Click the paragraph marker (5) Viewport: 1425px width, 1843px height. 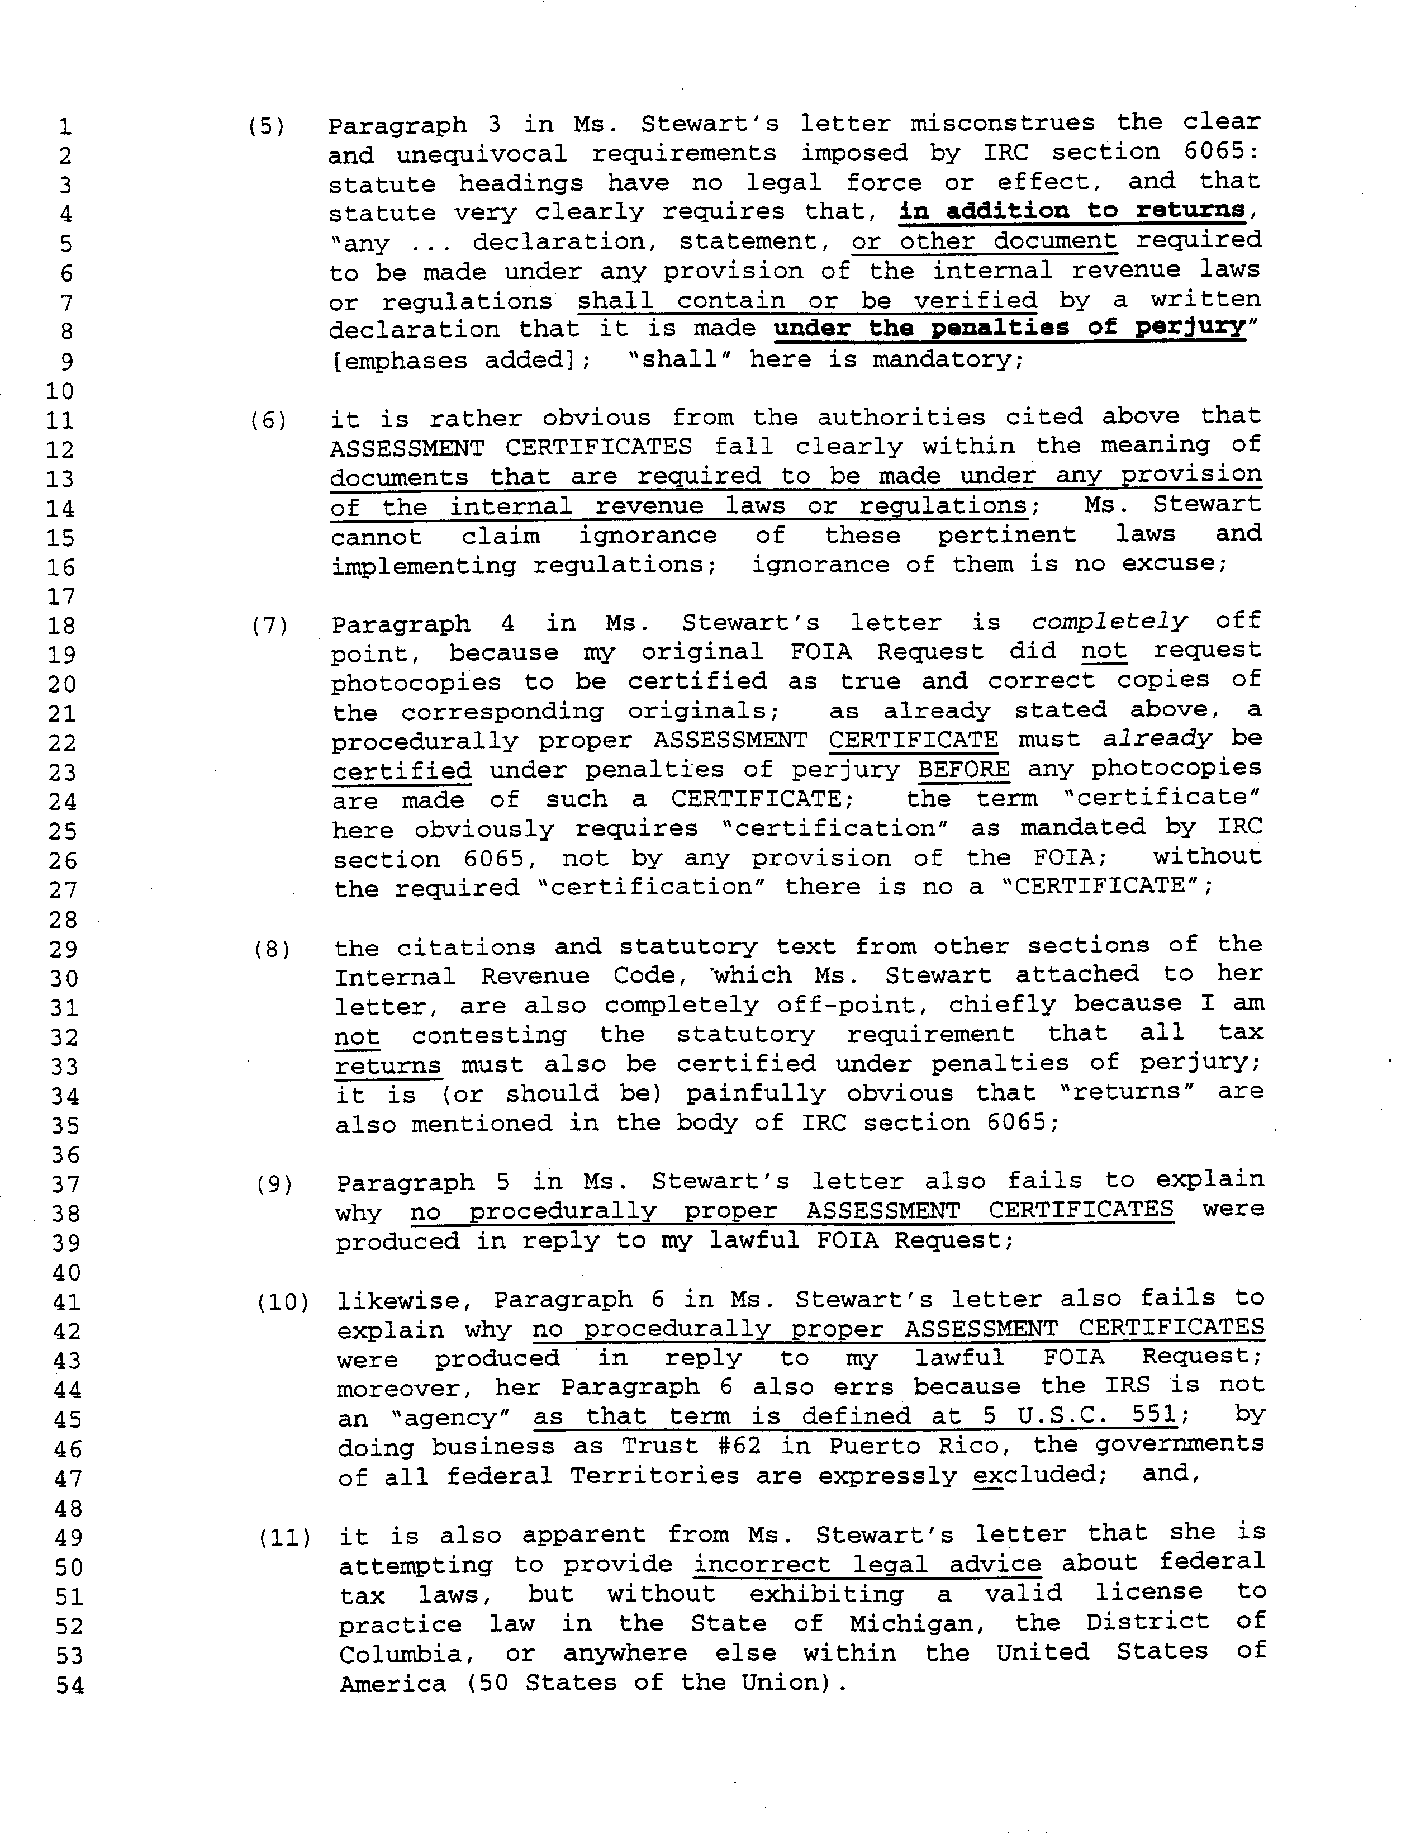coord(266,127)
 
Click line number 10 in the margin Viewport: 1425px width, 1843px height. coord(60,391)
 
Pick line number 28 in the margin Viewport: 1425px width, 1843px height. coord(63,920)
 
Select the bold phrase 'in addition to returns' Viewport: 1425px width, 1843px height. coord(1071,211)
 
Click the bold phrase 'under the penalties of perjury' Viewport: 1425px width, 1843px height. coord(1010,328)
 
